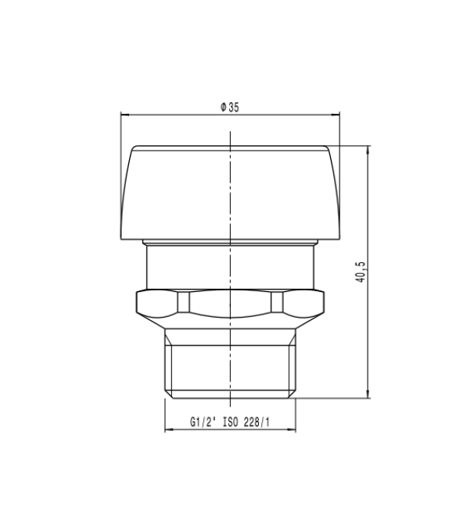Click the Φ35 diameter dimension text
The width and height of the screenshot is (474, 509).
pyautogui.click(x=229, y=108)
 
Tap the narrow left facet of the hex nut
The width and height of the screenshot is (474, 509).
pyautogui.click(x=184, y=302)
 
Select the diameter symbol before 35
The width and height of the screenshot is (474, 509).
pyautogui.click(x=223, y=108)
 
